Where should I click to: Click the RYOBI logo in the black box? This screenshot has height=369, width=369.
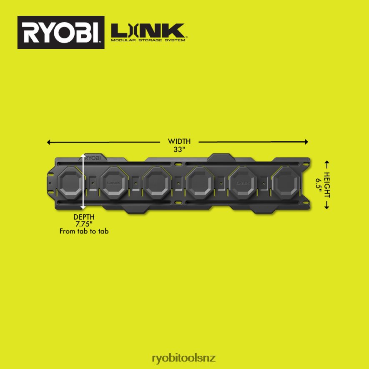click(61, 33)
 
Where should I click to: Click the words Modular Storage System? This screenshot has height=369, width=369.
click(148, 40)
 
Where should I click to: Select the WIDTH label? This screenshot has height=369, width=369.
click(179, 141)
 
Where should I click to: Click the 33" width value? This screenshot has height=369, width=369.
click(179, 149)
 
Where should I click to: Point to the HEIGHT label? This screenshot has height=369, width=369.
click(327, 185)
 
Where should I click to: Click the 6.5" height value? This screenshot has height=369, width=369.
click(319, 185)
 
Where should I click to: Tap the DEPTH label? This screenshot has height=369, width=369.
click(84, 217)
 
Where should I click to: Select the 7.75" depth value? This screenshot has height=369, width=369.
click(84, 224)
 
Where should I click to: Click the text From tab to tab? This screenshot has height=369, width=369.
click(84, 231)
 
